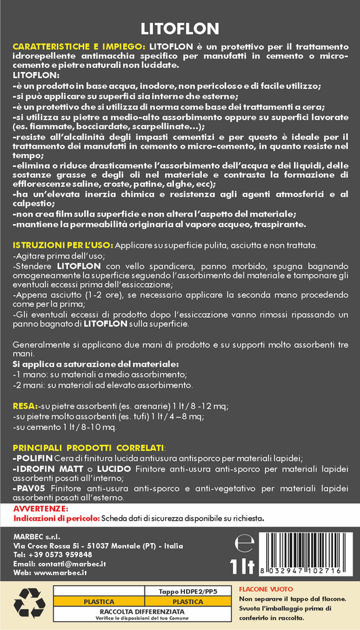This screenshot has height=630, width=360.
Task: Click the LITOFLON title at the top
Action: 179,29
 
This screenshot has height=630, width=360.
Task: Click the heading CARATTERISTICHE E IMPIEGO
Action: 78,45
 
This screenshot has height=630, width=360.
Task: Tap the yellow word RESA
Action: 24,405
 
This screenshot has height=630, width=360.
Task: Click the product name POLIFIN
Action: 34,459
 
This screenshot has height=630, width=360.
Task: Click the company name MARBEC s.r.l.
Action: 37,536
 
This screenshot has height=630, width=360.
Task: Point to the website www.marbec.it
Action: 60,573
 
